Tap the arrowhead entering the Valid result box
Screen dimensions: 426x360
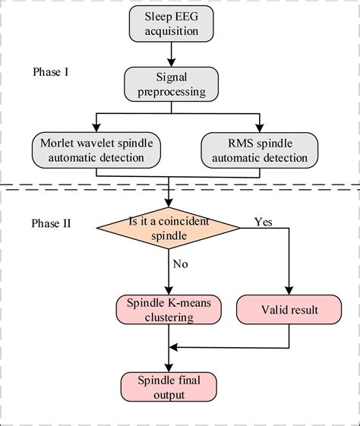tap(289, 292)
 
